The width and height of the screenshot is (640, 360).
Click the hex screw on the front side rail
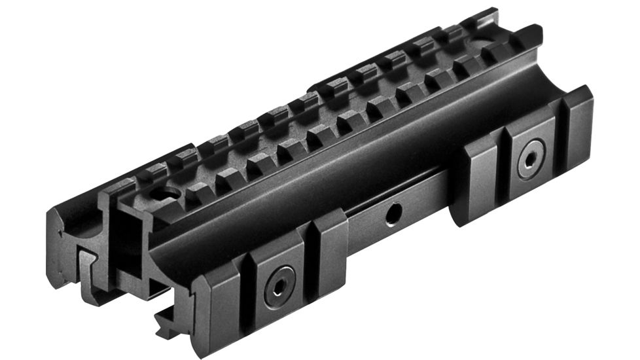(279, 289)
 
